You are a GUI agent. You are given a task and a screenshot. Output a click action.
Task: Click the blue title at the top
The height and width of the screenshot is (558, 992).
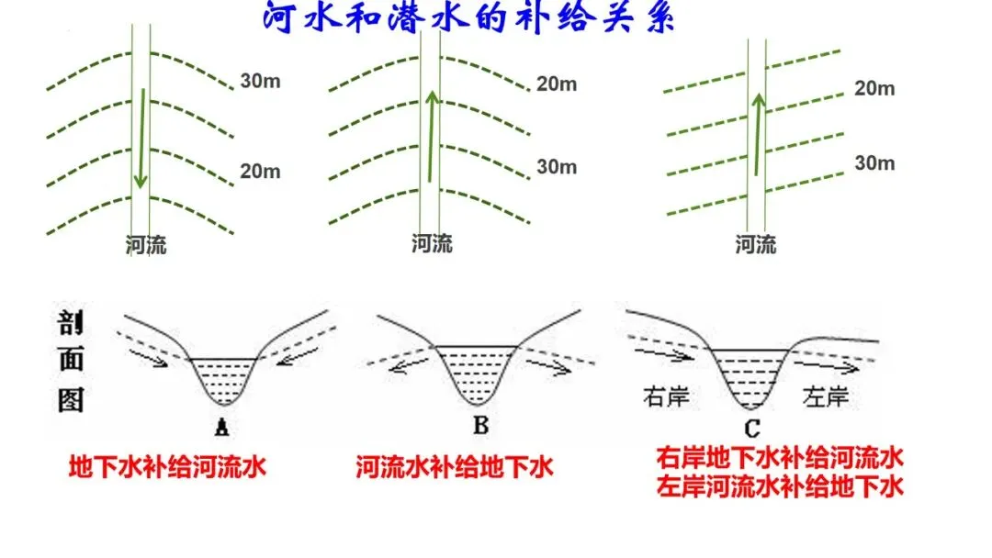click(x=468, y=18)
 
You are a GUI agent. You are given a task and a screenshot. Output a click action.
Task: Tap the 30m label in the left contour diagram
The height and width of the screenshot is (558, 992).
click(x=261, y=81)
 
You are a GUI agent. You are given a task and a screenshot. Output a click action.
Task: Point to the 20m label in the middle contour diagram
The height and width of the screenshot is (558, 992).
click(x=557, y=84)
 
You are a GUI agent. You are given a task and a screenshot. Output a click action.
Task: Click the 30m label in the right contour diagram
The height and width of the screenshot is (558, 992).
click(x=874, y=163)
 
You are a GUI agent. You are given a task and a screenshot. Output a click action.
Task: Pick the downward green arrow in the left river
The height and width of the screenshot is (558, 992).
click(x=139, y=138)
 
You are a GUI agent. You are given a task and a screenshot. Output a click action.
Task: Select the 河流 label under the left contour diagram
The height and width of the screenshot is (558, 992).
click(x=146, y=245)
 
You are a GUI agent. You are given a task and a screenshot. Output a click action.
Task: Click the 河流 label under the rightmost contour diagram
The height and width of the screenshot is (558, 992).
click(x=756, y=244)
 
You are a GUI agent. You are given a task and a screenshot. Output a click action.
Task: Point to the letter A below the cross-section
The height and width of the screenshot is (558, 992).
click(x=220, y=426)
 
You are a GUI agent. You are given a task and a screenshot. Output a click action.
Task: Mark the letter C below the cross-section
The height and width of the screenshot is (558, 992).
click(x=752, y=427)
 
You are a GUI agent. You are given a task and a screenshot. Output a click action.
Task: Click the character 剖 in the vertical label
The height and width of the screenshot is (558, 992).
click(x=71, y=324)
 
